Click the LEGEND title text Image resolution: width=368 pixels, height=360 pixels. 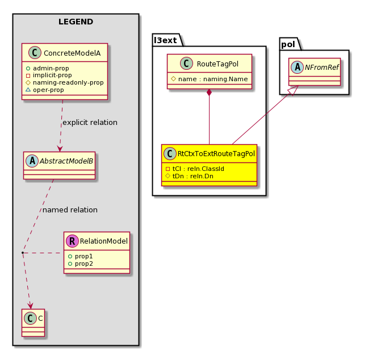[x=76, y=22]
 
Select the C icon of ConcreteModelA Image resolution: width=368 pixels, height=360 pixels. [x=35, y=53]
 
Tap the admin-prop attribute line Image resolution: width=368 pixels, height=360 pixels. [x=47, y=68]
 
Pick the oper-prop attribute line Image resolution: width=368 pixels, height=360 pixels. [x=45, y=90]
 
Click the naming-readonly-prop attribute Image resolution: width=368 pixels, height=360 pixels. [x=65, y=82]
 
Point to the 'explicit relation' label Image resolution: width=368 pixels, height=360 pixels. [x=90, y=123]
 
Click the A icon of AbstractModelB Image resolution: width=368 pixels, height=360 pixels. [x=32, y=161]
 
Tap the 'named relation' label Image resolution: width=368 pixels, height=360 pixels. [x=70, y=210]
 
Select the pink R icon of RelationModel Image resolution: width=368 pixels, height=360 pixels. [x=72, y=241]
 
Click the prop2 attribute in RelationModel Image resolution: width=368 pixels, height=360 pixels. [x=81, y=264]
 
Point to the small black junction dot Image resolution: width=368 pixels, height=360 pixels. [x=23, y=253]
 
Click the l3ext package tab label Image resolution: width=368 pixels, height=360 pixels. [x=165, y=40]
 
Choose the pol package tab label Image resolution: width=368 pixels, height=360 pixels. [x=288, y=44]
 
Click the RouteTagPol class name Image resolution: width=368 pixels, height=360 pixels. [x=218, y=64]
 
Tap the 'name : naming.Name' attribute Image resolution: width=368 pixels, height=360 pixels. [x=210, y=79]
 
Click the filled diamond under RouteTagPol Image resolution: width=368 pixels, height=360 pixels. [x=209, y=93]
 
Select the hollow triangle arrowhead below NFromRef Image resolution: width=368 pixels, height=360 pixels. [x=294, y=90]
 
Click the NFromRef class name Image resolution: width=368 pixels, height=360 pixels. [x=322, y=68]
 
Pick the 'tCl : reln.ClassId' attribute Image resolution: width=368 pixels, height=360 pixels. [x=195, y=169]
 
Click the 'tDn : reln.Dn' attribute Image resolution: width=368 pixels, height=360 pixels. [x=190, y=176]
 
